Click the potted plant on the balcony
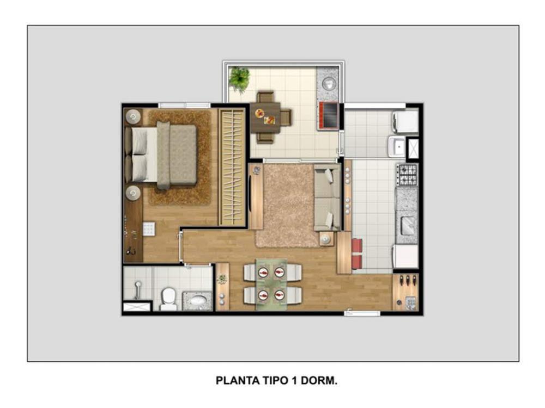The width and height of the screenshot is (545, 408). [x=239, y=79]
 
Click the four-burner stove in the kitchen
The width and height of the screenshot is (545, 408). [x=407, y=175]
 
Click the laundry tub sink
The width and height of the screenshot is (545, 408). [x=397, y=147]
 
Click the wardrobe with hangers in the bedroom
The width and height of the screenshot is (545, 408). [x=232, y=167]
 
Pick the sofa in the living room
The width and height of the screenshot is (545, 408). [x=327, y=197]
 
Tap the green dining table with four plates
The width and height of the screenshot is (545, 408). [x=271, y=284]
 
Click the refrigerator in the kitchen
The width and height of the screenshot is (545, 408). [x=405, y=256]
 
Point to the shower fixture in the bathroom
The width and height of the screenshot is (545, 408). [x=137, y=290]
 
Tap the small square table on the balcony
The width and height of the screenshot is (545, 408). [x=265, y=118]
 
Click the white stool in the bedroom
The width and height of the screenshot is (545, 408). [x=149, y=230]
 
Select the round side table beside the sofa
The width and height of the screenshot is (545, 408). [x=326, y=239]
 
